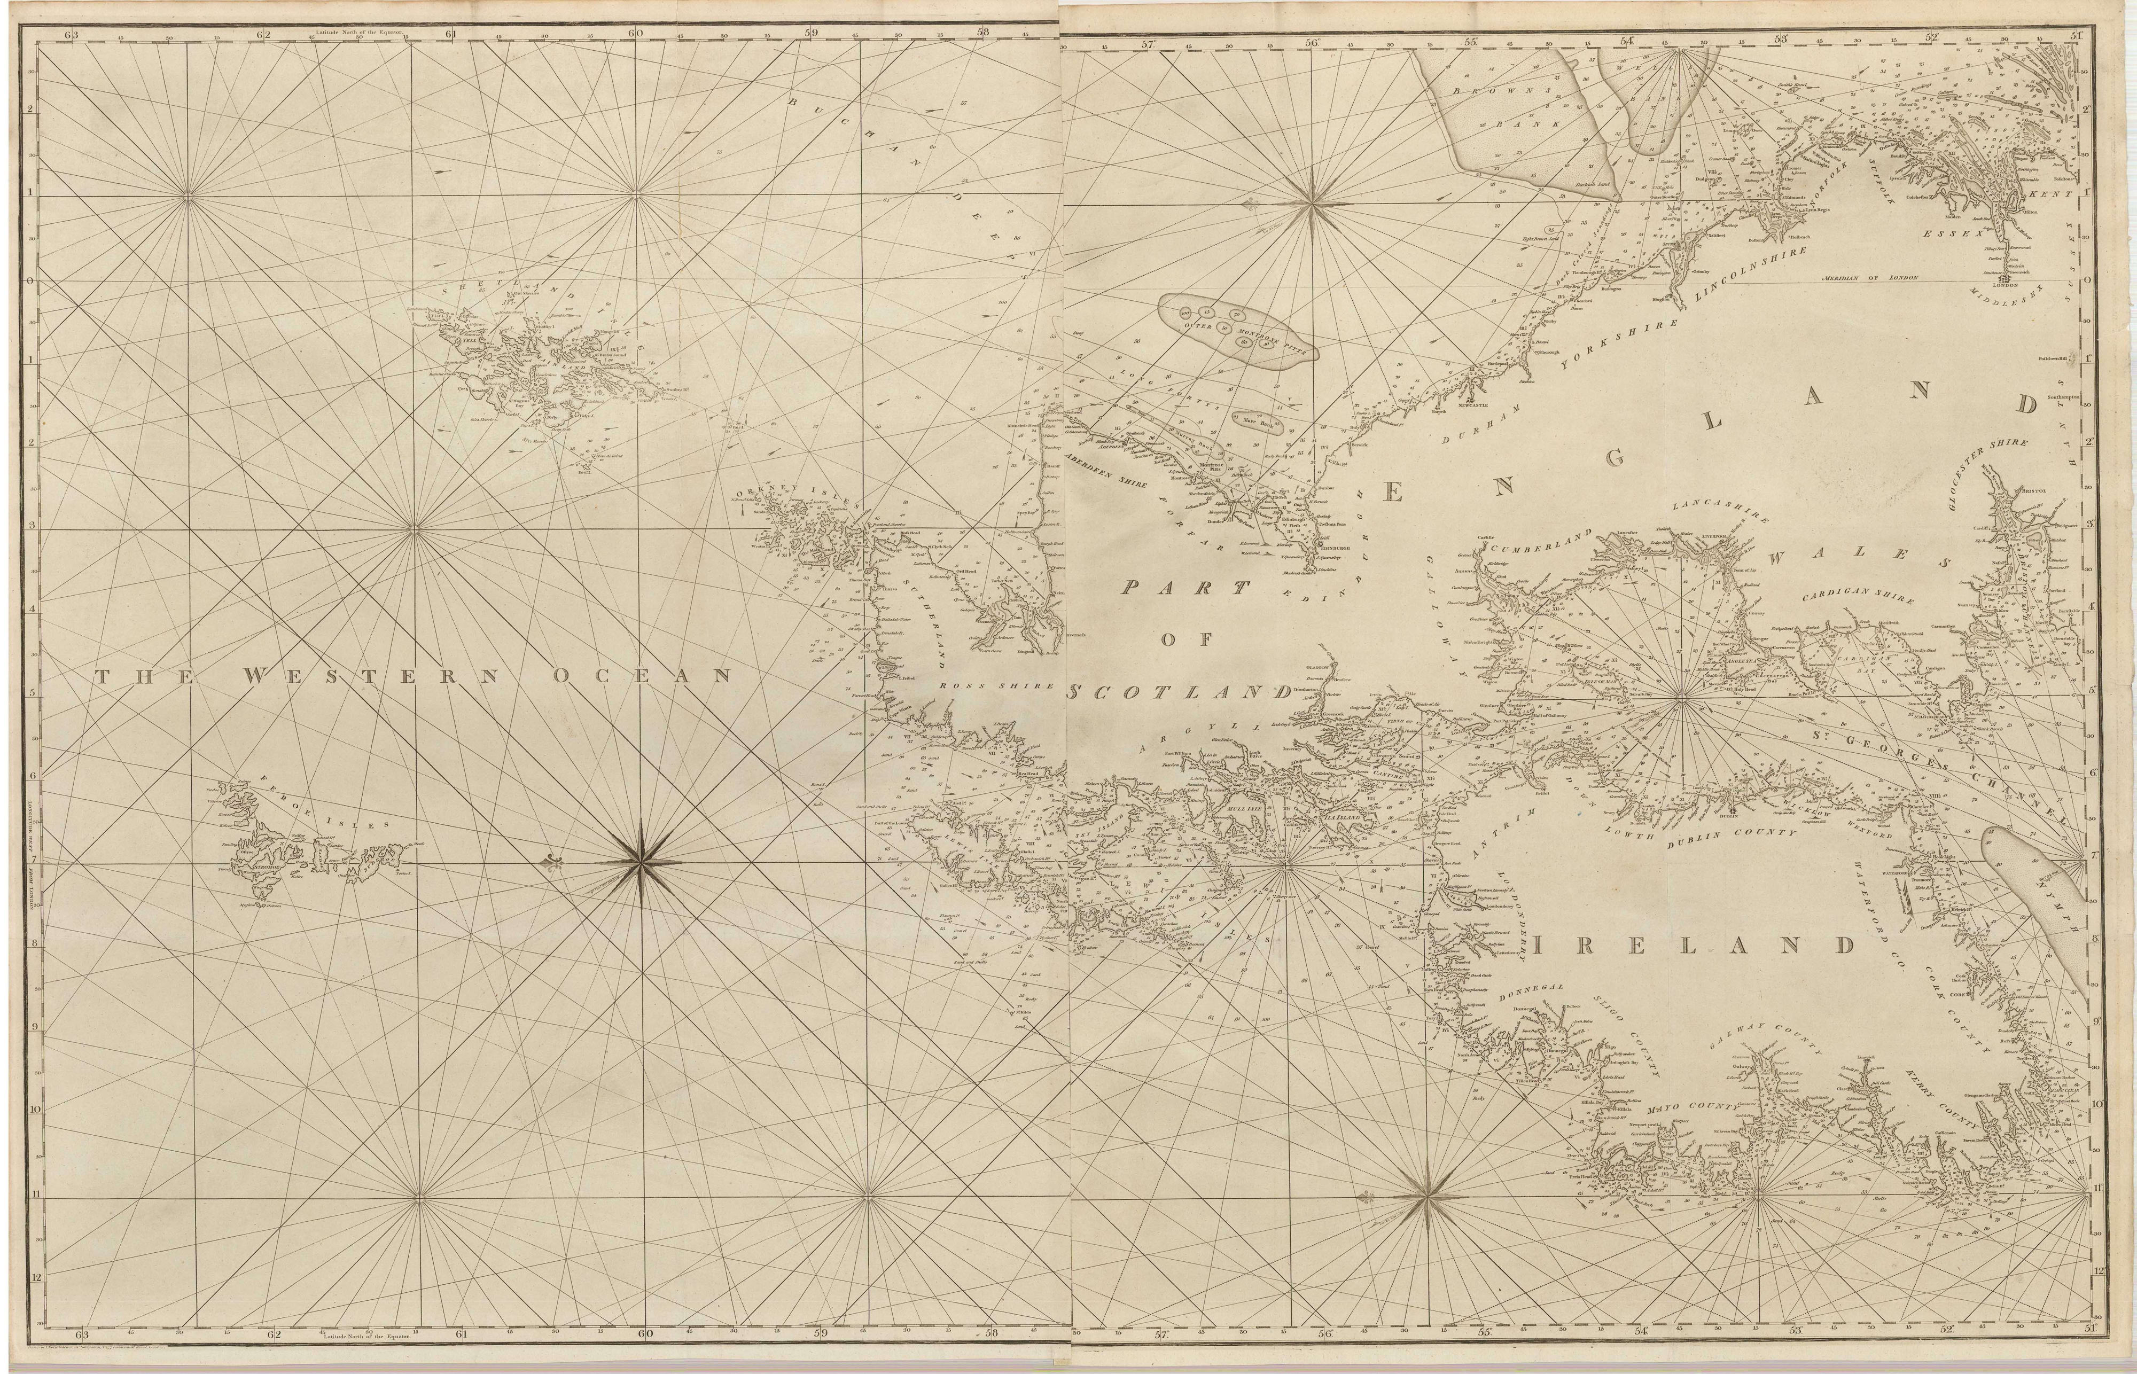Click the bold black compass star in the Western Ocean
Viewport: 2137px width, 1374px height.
(639, 863)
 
